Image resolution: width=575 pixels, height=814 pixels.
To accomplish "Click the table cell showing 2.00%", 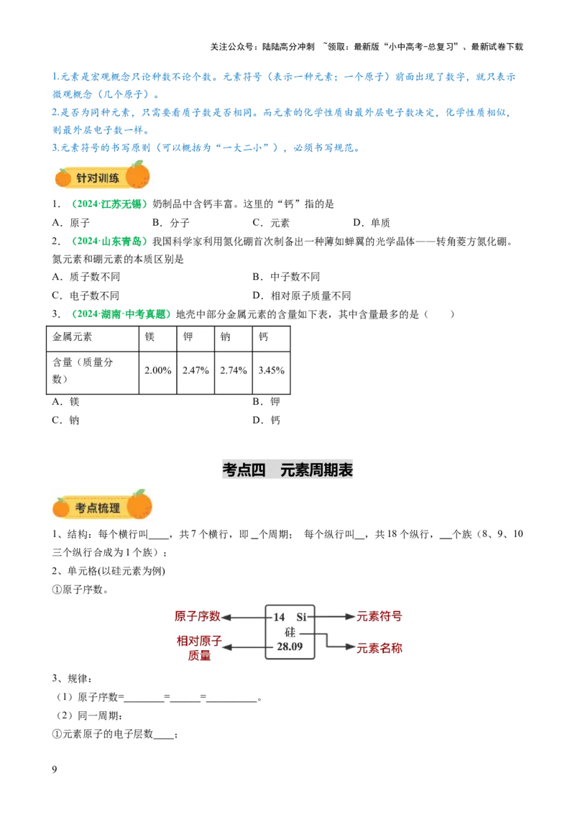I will (157, 370).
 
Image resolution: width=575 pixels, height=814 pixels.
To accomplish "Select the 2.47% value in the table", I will (195, 370).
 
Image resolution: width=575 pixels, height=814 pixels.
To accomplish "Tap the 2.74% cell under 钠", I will (234, 370).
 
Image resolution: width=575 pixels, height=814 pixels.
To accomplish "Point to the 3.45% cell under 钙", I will (271, 370).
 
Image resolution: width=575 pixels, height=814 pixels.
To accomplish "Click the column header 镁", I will (149, 337).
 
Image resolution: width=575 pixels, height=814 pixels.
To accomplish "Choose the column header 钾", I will (188, 337).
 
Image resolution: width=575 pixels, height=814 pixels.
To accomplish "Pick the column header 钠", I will (226, 337).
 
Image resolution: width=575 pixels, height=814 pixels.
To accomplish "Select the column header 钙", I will (264, 337).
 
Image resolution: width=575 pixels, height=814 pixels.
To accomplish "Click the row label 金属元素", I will (73, 337).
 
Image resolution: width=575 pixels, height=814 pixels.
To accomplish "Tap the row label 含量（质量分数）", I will (83, 370).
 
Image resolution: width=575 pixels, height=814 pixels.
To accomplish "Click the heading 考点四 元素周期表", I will (287, 470).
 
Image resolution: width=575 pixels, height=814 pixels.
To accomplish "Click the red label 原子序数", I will (197, 616).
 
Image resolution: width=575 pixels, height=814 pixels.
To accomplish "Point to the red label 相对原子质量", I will (200, 648).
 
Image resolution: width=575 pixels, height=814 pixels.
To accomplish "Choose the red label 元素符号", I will (379, 616).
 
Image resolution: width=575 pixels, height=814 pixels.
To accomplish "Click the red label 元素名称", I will (379, 648).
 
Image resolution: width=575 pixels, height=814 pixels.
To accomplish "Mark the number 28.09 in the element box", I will (290, 647).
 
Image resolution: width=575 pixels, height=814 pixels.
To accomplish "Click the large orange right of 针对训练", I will (137, 175).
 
